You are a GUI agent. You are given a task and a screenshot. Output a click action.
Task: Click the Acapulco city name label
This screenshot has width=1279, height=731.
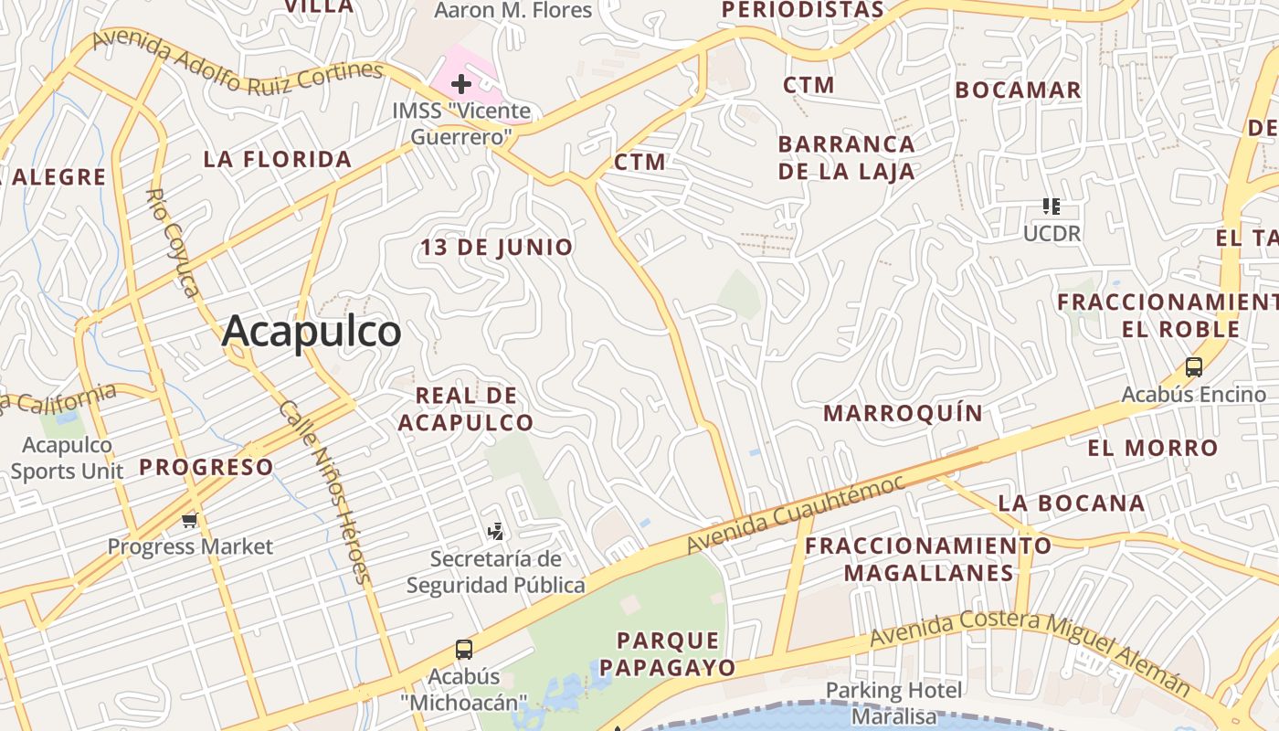point(312,332)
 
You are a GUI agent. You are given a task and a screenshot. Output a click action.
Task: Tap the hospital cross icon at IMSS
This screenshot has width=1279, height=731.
point(461,85)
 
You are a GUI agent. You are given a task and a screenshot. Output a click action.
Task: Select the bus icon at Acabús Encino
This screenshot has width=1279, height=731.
point(1193,367)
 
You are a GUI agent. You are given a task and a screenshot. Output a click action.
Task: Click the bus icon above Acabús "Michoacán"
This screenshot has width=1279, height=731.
point(464,650)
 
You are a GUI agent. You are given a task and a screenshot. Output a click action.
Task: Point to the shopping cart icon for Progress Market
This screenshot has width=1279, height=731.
point(190,521)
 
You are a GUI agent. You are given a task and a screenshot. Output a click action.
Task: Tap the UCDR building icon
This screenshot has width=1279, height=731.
point(1052,207)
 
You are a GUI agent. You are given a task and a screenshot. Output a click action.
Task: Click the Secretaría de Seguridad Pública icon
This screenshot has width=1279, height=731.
point(495,531)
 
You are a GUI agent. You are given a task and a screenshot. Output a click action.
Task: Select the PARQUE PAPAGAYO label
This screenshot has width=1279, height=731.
point(675,653)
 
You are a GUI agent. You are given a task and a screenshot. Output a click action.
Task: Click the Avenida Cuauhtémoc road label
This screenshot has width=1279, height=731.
point(795,514)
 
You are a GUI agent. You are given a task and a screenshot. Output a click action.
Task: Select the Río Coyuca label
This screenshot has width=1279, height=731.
point(173,243)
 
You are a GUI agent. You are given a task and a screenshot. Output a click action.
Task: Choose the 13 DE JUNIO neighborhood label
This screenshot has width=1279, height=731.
point(496,247)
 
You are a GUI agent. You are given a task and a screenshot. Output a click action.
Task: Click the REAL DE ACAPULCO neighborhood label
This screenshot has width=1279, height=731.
point(466,408)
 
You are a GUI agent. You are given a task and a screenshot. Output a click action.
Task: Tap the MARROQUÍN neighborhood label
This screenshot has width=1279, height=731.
point(903,413)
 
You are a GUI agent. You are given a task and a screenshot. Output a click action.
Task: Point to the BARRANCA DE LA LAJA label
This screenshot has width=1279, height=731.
point(846,157)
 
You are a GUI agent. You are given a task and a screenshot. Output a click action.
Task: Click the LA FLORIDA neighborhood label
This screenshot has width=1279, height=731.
point(277,159)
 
